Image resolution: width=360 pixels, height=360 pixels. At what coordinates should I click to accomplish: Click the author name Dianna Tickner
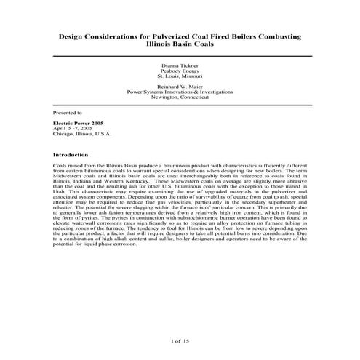pyautogui.click(x=180, y=65)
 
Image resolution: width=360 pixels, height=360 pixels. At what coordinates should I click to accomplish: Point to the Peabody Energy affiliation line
pyautogui.click(x=180, y=71)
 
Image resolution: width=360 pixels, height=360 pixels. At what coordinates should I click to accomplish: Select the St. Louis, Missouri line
pyautogui.click(x=180, y=76)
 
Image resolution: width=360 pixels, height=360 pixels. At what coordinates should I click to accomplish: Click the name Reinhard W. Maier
pyautogui.click(x=180, y=87)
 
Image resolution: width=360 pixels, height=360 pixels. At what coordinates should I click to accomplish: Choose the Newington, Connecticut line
pyautogui.click(x=180, y=97)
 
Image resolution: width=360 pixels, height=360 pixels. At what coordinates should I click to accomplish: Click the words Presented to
pyautogui.click(x=68, y=113)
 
